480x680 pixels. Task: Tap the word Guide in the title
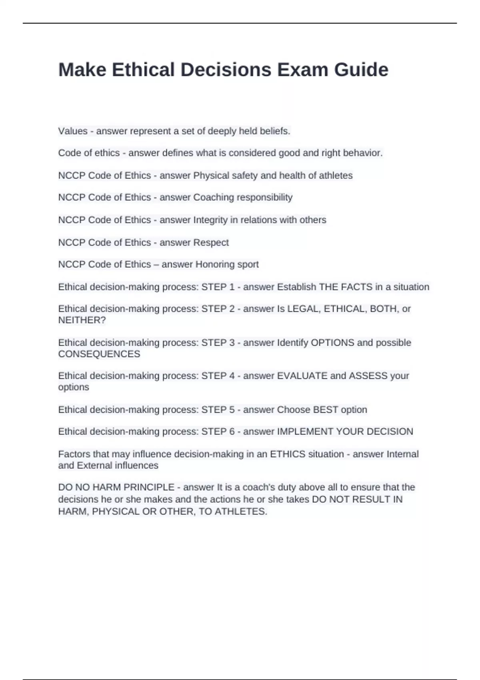pyautogui.click(x=361, y=70)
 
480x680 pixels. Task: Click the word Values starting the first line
pyautogui.click(x=73, y=131)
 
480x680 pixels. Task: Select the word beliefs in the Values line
pyautogui.click(x=276, y=131)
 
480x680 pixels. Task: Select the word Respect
pyautogui.click(x=211, y=242)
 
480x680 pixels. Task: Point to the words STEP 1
pyautogui.click(x=218, y=287)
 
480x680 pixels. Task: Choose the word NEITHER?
pyautogui.click(x=82, y=320)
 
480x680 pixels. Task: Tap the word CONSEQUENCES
pyautogui.click(x=99, y=354)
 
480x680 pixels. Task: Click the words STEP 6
pyautogui.click(x=218, y=432)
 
